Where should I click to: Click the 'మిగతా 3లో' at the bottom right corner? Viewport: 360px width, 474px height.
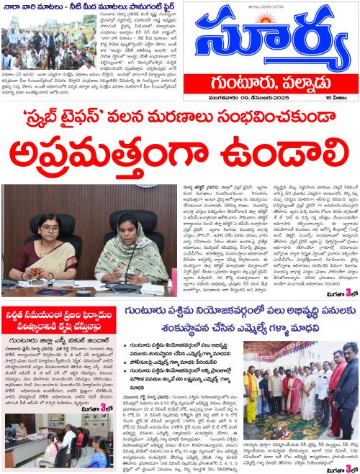coord(338,469)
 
